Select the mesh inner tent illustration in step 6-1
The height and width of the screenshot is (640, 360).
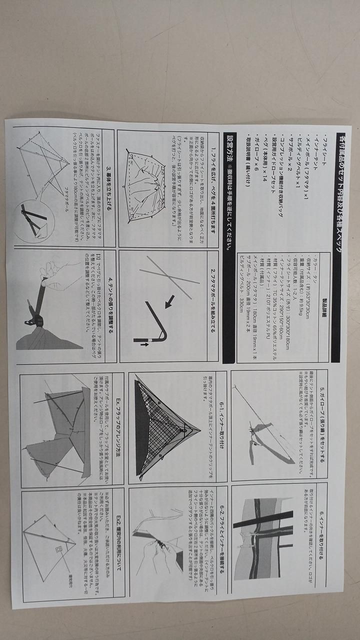click(165, 425)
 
